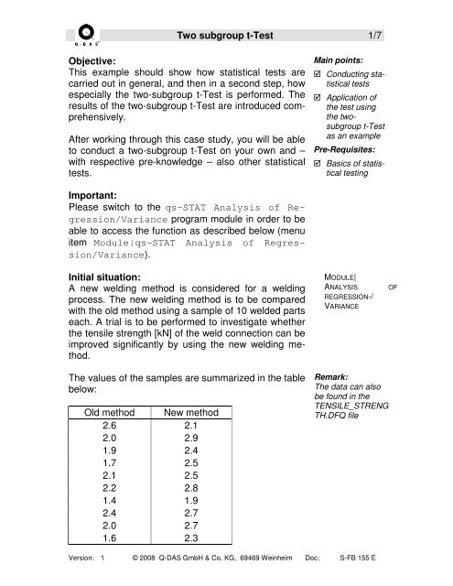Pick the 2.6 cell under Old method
(111, 426)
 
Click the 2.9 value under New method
(187, 440)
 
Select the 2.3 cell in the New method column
(187, 548)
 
